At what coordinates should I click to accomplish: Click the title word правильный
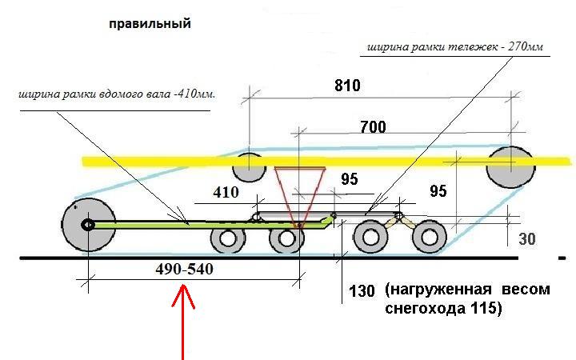[150, 24]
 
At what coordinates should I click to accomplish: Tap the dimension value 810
[347, 86]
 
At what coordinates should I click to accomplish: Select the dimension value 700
[372, 127]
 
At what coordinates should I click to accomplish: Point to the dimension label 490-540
[185, 270]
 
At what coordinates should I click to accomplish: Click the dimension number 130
[362, 290]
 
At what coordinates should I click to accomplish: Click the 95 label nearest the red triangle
[349, 180]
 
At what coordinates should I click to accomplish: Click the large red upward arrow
[185, 320]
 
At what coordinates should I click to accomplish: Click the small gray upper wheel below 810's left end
[248, 167]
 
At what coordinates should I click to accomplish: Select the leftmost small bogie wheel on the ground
[228, 239]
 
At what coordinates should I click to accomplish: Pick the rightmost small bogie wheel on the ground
[429, 238]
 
